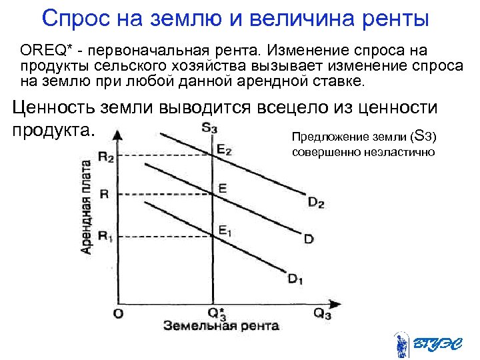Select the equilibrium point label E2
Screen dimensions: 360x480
coord(225,150)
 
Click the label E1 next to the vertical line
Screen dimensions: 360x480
coord(225,231)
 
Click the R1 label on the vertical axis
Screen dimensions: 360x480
coord(105,235)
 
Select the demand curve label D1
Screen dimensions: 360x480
coord(295,279)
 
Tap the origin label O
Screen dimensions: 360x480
coord(117,313)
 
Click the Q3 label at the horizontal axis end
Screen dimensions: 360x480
coord(323,313)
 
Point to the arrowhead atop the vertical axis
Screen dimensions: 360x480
coord(117,135)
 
